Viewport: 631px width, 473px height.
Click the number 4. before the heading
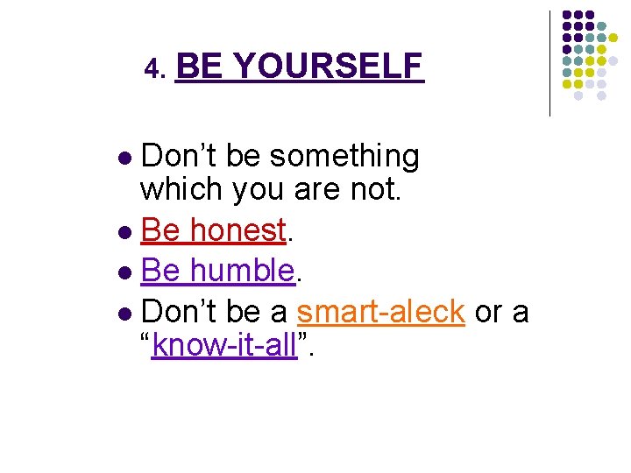(x=155, y=68)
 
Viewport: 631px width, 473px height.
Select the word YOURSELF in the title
(x=330, y=66)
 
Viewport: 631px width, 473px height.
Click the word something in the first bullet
(x=344, y=157)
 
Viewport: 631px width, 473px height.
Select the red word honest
(x=238, y=230)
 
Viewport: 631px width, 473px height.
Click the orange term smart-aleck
(x=381, y=311)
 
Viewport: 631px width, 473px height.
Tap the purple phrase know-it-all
(x=224, y=347)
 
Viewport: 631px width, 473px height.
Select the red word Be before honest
(x=160, y=230)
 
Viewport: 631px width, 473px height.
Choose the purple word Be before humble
(x=160, y=271)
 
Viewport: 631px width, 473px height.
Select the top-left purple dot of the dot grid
(x=567, y=15)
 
